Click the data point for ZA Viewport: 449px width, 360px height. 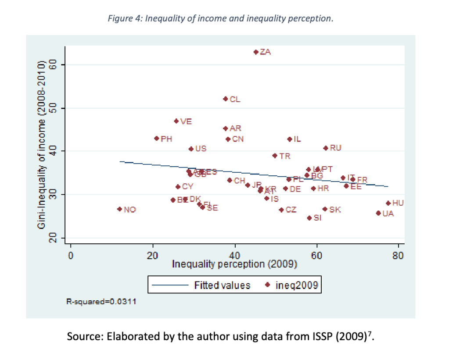(x=256, y=52)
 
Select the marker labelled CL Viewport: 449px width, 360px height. (x=226, y=99)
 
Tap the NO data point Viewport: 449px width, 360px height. (x=119, y=209)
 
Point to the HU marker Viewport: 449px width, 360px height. (x=388, y=203)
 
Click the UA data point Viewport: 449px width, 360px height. (x=378, y=213)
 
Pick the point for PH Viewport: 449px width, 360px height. (x=156, y=139)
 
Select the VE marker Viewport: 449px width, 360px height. (x=176, y=121)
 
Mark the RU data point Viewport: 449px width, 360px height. (x=326, y=148)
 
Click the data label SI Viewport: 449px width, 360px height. (x=317, y=218)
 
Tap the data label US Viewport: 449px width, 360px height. (x=201, y=149)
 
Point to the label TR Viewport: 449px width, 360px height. (x=285, y=156)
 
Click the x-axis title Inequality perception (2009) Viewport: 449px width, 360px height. (x=234, y=264)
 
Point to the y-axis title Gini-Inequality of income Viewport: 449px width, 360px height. (x=42, y=145)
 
